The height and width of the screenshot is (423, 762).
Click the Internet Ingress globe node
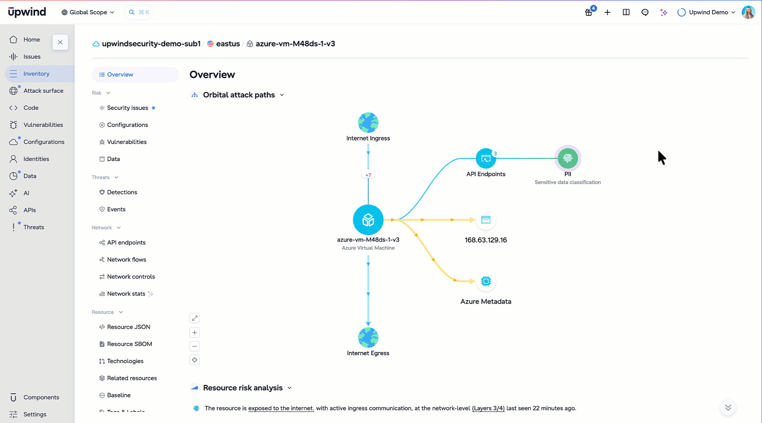click(x=368, y=123)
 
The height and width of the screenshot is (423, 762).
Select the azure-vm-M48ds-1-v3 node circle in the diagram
click(x=368, y=220)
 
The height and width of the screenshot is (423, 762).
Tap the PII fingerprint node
click(x=568, y=158)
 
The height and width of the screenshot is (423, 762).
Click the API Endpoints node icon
click(x=486, y=158)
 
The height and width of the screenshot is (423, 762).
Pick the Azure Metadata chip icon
click(x=486, y=281)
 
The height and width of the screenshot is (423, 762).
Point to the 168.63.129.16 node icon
click(x=486, y=220)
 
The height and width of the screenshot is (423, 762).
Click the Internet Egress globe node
click(x=368, y=338)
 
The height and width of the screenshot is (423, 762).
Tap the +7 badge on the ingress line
click(x=368, y=175)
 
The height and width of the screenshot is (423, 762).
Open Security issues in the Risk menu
click(x=127, y=108)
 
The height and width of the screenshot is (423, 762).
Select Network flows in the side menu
click(x=126, y=260)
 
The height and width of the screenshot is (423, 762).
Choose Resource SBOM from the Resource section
click(x=129, y=344)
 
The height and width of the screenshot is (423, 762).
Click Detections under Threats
click(x=122, y=192)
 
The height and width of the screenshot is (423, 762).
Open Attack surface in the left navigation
click(x=43, y=91)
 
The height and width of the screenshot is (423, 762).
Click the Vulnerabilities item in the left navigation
click(x=43, y=125)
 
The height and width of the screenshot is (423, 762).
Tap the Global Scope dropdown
click(x=88, y=12)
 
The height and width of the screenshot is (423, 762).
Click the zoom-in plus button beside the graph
click(x=194, y=333)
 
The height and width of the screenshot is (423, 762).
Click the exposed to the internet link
click(x=281, y=408)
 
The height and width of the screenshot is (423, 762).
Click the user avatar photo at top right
click(x=748, y=12)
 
